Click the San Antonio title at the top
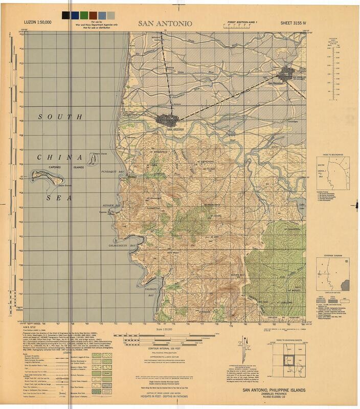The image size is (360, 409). click(165, 24)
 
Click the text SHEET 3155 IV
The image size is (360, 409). click(295, 24)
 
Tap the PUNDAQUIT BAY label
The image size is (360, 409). click(113, 172)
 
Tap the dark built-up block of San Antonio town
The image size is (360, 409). click(169, 120)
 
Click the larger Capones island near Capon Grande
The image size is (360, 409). click(48, 176)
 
